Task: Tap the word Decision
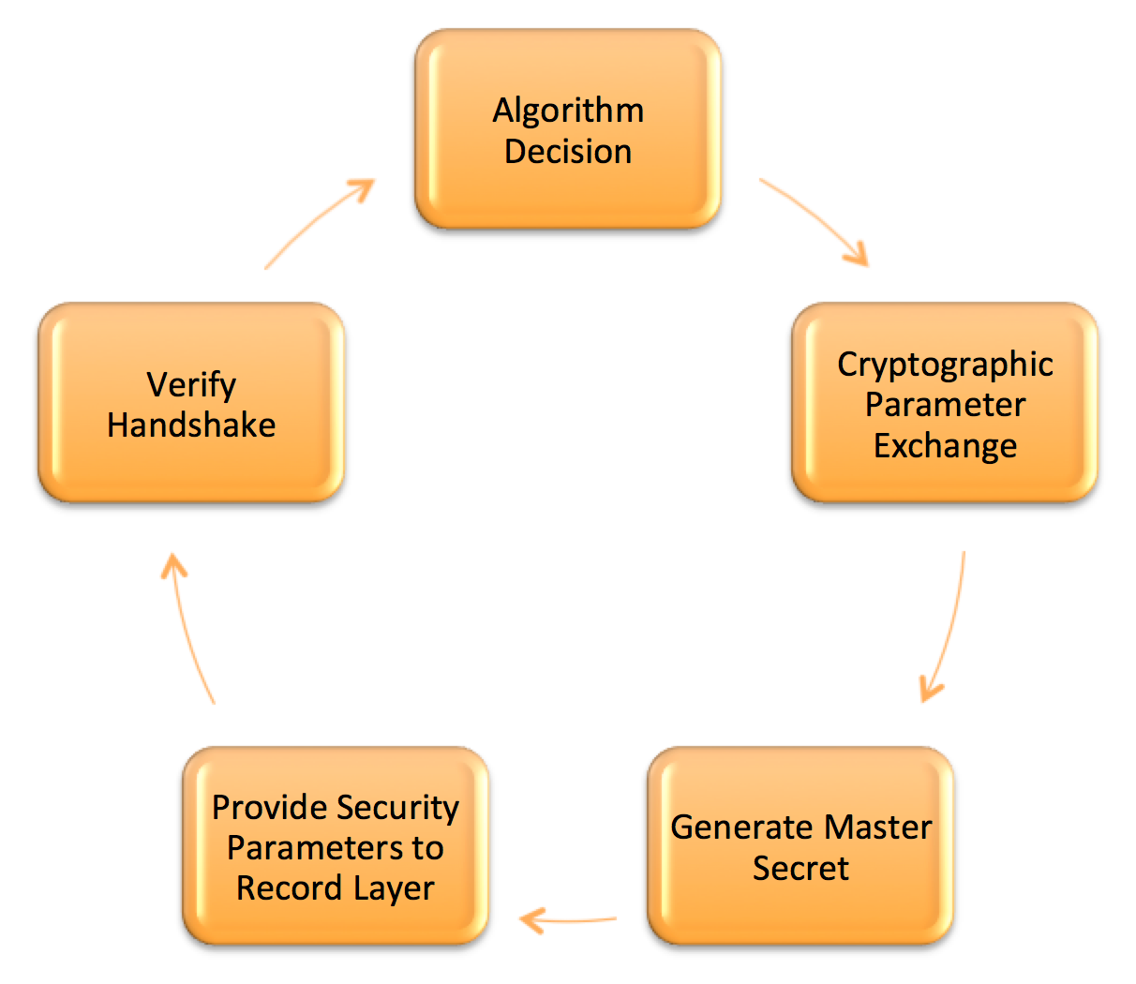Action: (568, 151)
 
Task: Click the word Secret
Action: (800, 868)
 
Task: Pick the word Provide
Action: (269, 807)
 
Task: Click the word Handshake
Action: (191, 425)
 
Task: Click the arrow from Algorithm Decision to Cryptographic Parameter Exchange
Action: (819, 215)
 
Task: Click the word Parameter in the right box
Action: (946, 406)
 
